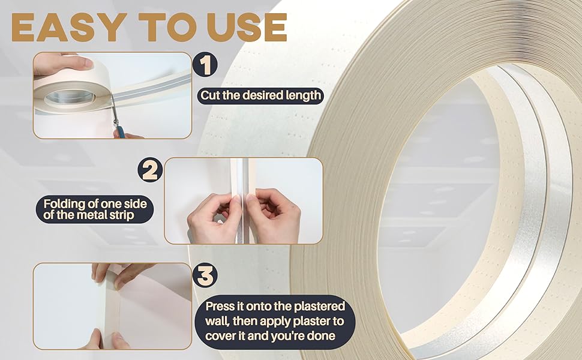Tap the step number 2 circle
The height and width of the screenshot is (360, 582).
150,170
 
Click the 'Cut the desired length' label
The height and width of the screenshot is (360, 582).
261,95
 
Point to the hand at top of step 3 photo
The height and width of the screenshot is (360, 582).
120,273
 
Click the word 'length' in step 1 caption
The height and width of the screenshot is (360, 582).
304,95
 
